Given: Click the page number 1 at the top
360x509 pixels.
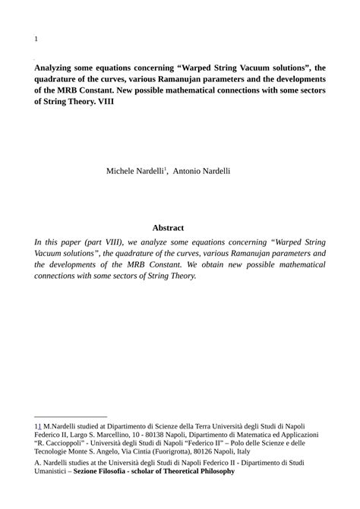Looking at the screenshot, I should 36,38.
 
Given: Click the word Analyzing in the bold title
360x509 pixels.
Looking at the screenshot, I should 57,66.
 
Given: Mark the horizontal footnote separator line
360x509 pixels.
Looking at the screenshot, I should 71,416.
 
